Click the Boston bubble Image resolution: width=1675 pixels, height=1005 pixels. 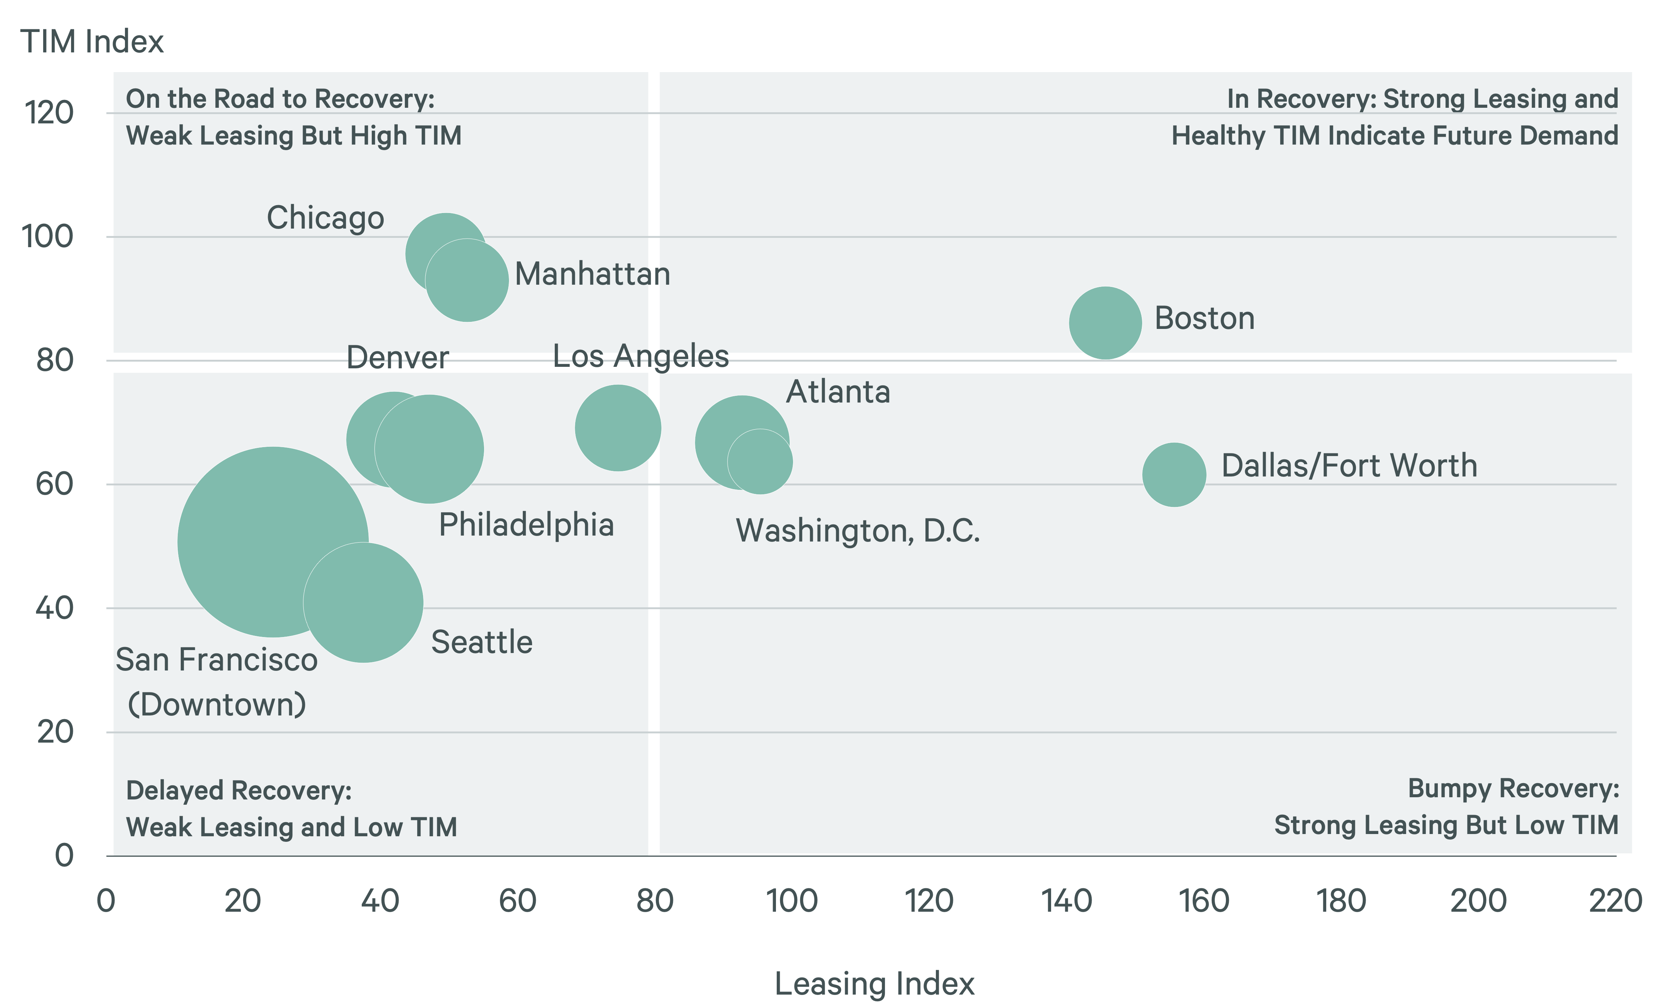1105,323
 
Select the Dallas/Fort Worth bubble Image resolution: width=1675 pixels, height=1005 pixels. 1174,475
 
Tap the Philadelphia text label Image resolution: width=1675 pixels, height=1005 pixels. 526,525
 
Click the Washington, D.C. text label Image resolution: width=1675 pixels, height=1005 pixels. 857,531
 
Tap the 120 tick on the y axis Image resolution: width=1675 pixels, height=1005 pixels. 49,112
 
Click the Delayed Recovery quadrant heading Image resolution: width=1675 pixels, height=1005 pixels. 238,790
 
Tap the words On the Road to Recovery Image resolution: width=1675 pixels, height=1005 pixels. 280,99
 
